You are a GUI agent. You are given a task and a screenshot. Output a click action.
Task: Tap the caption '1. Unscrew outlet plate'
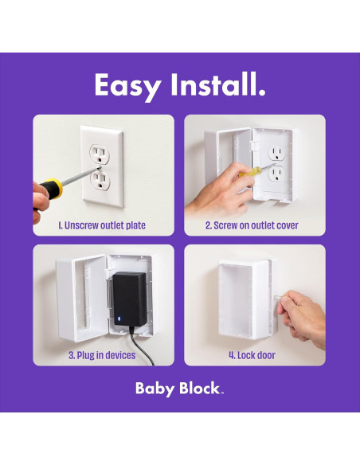pyautogui.click(x=103, y=225)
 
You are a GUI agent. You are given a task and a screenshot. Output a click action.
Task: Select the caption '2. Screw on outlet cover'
pyautogui.click(x=252, y=225)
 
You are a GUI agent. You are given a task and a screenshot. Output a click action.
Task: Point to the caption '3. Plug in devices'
pyautogui.click(x=103, y=355)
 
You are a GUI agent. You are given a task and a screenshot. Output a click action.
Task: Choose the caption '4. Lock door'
pyautogui.click(x=252, y=355)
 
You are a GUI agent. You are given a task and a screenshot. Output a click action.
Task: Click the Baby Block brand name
pyautogui.click(x=178, y=390)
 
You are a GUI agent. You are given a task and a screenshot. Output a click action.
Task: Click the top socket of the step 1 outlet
pyautogui.click(x=100, y=150)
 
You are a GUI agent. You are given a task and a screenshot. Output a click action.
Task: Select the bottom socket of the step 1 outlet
pyautogui.click(x=100, y=178)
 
